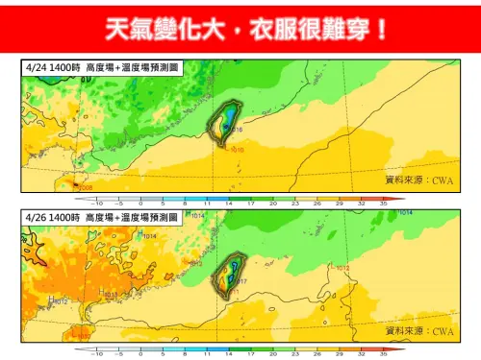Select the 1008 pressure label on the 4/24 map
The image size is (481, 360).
coord(85,188)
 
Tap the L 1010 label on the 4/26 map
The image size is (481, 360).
coord(81,335)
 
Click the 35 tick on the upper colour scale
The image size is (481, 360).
coord(383,204)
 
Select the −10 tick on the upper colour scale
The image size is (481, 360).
coord(96,204)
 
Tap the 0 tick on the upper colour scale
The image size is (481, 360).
coord(140,204)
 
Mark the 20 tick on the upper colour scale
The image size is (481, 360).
coord(272,204)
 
